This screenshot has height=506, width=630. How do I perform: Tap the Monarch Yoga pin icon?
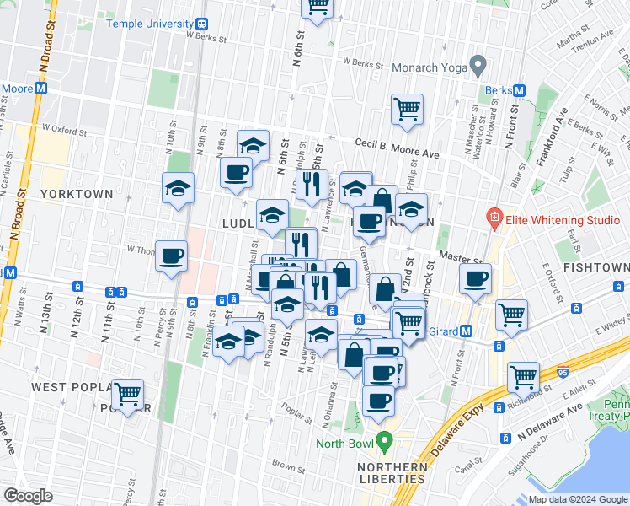pyautogui.click(x=478, y=64)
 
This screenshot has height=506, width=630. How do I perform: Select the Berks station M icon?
pyautogui.click(x=520, y=90)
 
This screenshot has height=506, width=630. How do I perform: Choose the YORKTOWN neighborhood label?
pyautogui.click(x=76, y=194)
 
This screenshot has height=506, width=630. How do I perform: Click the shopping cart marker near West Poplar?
pyautogui.click(x=128, y=393)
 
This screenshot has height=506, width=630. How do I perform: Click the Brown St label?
pyautogui.click(x=288, y=465)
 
